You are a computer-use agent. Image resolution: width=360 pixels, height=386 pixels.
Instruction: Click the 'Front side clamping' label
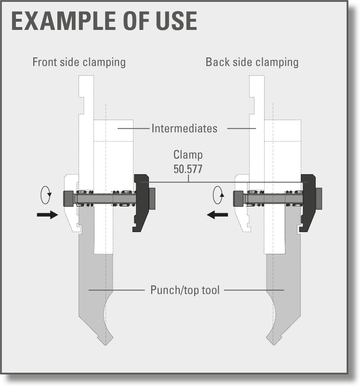pyautogui.click(x=79, y=62)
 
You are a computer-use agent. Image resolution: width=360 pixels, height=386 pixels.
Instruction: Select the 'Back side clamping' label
pyautogui.click(x=252, y=62)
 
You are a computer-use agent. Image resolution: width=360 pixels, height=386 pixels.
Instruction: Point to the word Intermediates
pyautogui.click(x=185, y=128)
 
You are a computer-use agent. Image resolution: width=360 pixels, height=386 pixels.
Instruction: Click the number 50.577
pyautogui.click(x=188, y=169)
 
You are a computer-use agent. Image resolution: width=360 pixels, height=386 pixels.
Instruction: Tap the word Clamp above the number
pyautogui.click(x=188, y=155)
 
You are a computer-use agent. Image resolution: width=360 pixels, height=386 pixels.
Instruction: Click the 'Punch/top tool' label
pyautogui.click(x=185, y=290)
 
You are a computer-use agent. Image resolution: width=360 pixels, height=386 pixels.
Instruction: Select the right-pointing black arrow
pyautogui.click(x=47, y=215)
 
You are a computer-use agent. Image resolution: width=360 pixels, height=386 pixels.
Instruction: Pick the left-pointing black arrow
pyautogui.click(x=217, y=215)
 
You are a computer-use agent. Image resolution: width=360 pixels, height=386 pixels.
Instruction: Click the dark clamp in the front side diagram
pyautogui.click(x=141, y=203)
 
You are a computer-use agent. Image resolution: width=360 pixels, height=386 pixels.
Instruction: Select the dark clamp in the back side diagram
pyautogui.click(x=308, y=203)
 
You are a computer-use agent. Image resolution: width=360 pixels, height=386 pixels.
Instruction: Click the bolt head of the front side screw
pyautogui.click(x=68, y=199)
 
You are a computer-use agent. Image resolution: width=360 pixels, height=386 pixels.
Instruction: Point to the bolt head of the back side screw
pyautogui.click(x=238, y=199)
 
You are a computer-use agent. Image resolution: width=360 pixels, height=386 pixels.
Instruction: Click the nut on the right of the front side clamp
pyautogui.click(x=152, y=199)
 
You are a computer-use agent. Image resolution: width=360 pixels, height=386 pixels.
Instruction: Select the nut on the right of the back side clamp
pyautogui.click(x=319, y=199)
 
